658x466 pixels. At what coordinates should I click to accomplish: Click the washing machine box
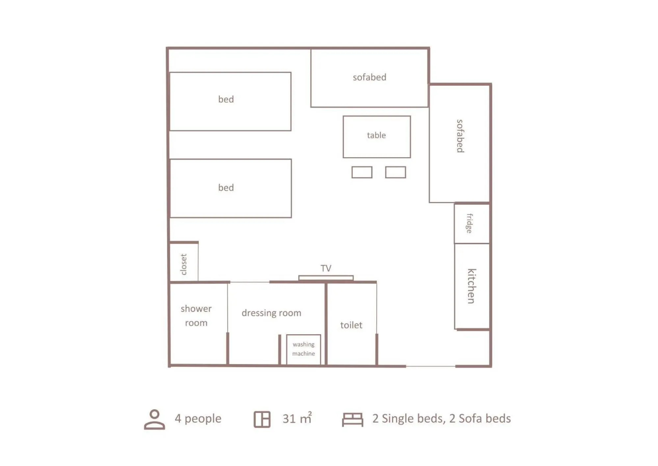click(303, 349)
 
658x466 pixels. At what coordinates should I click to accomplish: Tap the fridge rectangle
click(471, 223)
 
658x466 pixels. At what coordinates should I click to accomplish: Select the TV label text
click(326, 268)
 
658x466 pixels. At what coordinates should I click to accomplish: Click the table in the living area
click(376, 137)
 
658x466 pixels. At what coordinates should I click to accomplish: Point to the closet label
click(184, 264)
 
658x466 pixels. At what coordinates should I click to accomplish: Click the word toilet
click(351, 325)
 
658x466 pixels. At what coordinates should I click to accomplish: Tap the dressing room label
click(271, 313)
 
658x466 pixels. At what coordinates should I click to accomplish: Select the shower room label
click(196, 315)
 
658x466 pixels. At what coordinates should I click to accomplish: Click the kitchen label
click(471, 286)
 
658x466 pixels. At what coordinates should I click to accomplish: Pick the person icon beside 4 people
click(154, 419)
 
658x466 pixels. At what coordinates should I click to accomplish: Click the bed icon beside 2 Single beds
click(352, 419)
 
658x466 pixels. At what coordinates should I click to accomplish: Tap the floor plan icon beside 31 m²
click(262, 419)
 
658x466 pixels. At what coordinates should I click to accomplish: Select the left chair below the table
click(361, 172)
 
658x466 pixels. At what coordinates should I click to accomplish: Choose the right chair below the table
click(395, 172)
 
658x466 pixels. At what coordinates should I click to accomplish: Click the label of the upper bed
click(226, 100)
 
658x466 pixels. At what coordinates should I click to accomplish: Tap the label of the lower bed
click(226, 188)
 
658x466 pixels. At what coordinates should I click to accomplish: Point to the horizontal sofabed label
click(369, 77)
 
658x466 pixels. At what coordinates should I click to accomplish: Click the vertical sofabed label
click(460, 136)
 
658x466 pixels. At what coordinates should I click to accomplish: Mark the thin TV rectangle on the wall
click(326, 278)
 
